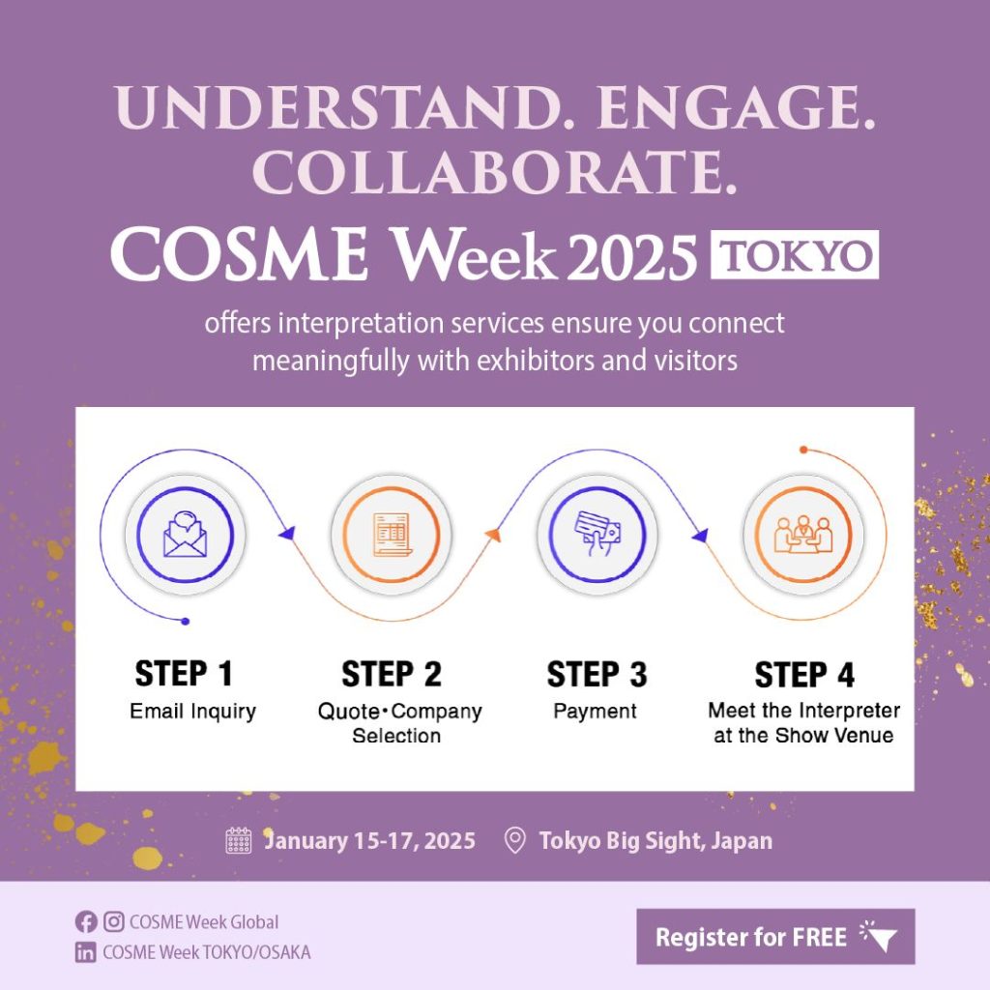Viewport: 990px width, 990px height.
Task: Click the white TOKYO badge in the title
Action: pyautogui.click(x=795, y=254)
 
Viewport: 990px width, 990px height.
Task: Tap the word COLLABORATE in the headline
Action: pyautogui.click(x=494, y=172)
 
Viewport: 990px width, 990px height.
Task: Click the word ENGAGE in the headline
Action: pyautogui.click(x=736, y=106)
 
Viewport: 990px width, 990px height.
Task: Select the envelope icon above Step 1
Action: pyautogui.click(x=185, y=535)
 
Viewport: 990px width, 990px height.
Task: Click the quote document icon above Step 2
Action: pyautogui.click(x=392, y=534)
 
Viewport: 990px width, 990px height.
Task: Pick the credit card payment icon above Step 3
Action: pyautogui.click(x=597, y=534)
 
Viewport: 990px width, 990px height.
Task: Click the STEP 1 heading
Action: pyautogui.click(x=184, y=673)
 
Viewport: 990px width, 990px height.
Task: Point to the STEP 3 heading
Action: pyautogui.click(x=597, y=674)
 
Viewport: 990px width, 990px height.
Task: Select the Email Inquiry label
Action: pyautogui.click(x=192, y=712)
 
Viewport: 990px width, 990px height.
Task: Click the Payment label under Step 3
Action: pyautogui.click(x=595, y=712)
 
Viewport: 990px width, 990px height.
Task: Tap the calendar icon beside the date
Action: pyautogui.click(x=239, y=840)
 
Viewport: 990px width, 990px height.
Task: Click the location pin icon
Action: pyautogui.click(x=515, y=840)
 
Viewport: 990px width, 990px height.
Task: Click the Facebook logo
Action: pyautogui.click(x=86, y=921)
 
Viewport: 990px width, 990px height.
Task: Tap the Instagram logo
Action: pyautogui.click(x=114, y=921)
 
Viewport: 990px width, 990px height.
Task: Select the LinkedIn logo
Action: pyautogui.click(x=86, y=952)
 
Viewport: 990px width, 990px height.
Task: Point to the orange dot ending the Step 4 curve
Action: pyautogui.click(x=803, y=450)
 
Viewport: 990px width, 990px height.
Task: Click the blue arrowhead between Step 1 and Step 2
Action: pyautogui.click(x=286, y=534)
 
